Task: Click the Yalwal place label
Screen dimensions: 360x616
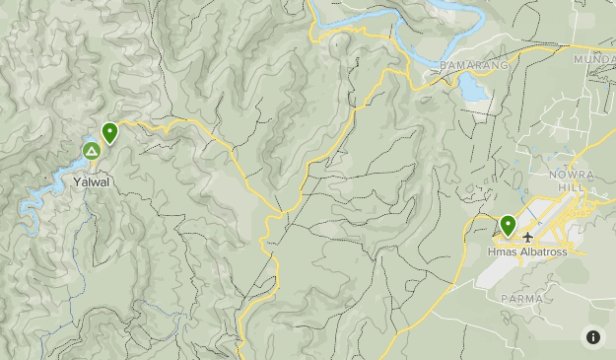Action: tap(91, 181)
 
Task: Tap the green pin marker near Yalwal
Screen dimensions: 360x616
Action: tap(110, 132)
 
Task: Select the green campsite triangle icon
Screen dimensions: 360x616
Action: tap(91, 151)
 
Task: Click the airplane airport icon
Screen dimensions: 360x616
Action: tap(528, 238)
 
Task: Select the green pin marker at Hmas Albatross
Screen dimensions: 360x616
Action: tap(508, 226)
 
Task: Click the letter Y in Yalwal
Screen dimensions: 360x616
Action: tap(76, 181)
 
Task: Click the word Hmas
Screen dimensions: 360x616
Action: tap(501, 253)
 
